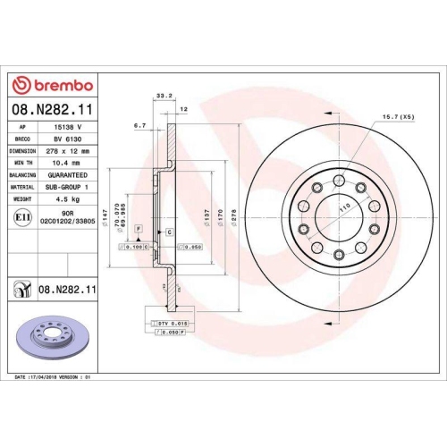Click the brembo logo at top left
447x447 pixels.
[51, 85]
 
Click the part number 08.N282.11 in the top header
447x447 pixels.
[52, 109]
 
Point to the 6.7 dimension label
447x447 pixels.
[139, 127]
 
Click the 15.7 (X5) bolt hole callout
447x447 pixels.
[398, 117]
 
